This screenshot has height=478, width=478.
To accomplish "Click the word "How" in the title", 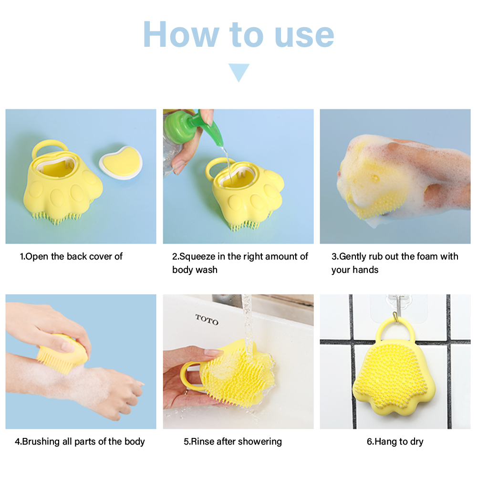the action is [x=181, y=34].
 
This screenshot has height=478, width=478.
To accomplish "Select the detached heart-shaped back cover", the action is [x=121, y=162].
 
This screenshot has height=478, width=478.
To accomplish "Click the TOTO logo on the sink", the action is [x=207, y=320].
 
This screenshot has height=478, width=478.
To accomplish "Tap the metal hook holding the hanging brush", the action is [x=396, y=312].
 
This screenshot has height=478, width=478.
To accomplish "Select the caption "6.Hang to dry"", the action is [x=395, y=441].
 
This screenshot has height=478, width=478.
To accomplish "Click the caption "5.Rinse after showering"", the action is [x=233, y=441].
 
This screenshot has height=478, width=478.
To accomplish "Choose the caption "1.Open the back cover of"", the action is [x=71, y=256].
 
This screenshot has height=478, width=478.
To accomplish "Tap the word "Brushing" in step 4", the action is [x=41, y=441].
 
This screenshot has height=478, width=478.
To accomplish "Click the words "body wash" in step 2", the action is [x=195, y=270].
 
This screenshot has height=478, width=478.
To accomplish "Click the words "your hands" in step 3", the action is [x=355, y=270].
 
